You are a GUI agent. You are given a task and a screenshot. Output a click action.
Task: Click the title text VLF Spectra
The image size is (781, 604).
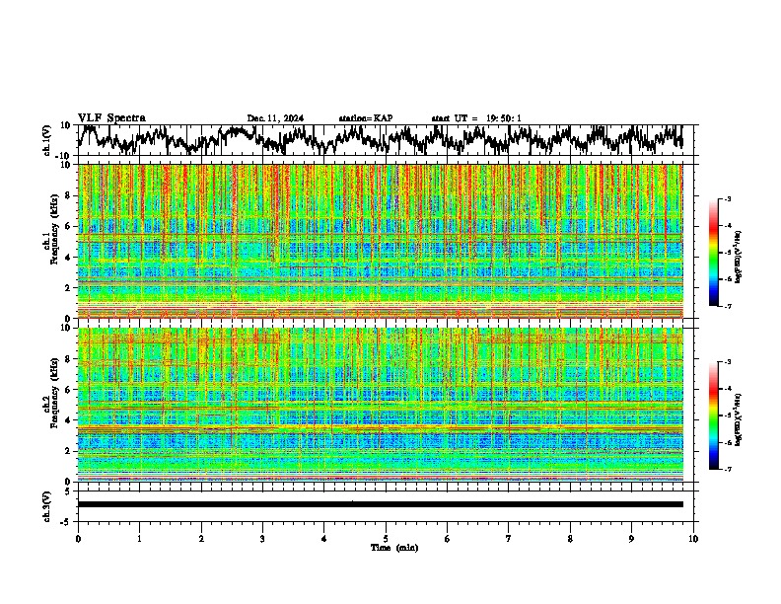coord(111,117)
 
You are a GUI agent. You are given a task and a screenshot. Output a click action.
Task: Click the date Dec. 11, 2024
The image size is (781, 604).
coord(275,118)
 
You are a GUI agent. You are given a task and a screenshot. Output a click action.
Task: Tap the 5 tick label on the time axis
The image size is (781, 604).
coord(386,539)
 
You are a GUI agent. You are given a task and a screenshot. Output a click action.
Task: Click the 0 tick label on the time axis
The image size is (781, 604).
coord(78,539)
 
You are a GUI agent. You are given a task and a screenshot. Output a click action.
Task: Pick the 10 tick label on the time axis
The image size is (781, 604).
coord(693,539)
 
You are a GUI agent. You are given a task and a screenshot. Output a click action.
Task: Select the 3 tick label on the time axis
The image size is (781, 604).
coord(262,539)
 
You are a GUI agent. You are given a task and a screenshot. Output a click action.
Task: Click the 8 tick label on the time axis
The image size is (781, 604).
coord(570,539)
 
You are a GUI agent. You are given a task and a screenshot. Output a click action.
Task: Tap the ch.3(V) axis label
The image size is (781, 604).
coord(47,504)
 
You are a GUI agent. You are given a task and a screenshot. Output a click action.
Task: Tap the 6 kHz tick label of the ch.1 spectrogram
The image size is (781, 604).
coord(70,226)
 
